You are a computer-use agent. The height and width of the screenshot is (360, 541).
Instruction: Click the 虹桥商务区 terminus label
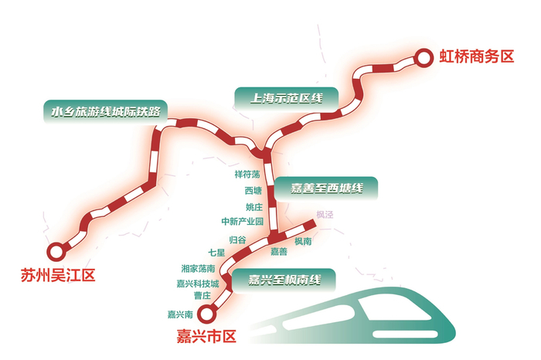[x=477, y=56]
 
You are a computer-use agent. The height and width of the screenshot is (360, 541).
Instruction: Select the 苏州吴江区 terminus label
[x=59, y=275]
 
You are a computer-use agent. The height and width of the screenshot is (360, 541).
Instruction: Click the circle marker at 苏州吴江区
[x=55, y=250]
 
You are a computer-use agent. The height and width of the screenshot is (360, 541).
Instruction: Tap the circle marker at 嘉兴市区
[x=206, y=314]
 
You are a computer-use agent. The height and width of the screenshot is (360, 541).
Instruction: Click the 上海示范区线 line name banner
[x=285, y=98]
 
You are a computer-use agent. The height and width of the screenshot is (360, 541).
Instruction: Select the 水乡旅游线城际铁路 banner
[x=104, y=111]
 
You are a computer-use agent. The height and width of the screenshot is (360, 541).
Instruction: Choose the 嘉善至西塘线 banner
[x=326, y=188]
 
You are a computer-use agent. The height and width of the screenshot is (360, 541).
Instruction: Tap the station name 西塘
[x=253, y=190]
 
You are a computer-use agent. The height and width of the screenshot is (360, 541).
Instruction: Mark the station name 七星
[x=216, y=253]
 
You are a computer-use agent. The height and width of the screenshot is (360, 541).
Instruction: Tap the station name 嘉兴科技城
[x=198, y=284]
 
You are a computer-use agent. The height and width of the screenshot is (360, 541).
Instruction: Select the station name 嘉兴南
[x=179, y=314]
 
